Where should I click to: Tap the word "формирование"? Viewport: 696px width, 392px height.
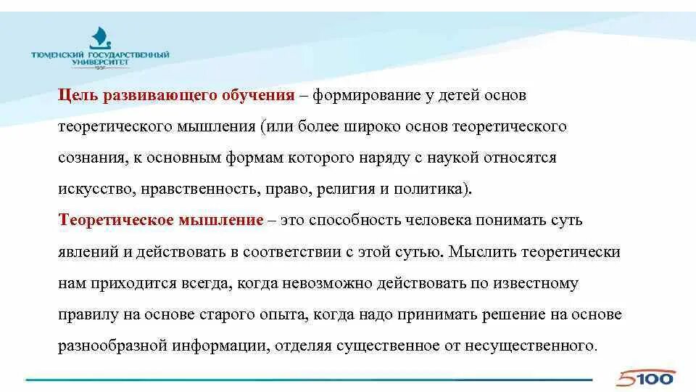click(360, 96)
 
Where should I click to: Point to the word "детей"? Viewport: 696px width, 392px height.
click(456, 96)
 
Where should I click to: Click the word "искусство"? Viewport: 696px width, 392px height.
click(93, 189)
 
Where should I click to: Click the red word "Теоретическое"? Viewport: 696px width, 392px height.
click(108, 221)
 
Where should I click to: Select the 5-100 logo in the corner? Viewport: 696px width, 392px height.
click(647, 377)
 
